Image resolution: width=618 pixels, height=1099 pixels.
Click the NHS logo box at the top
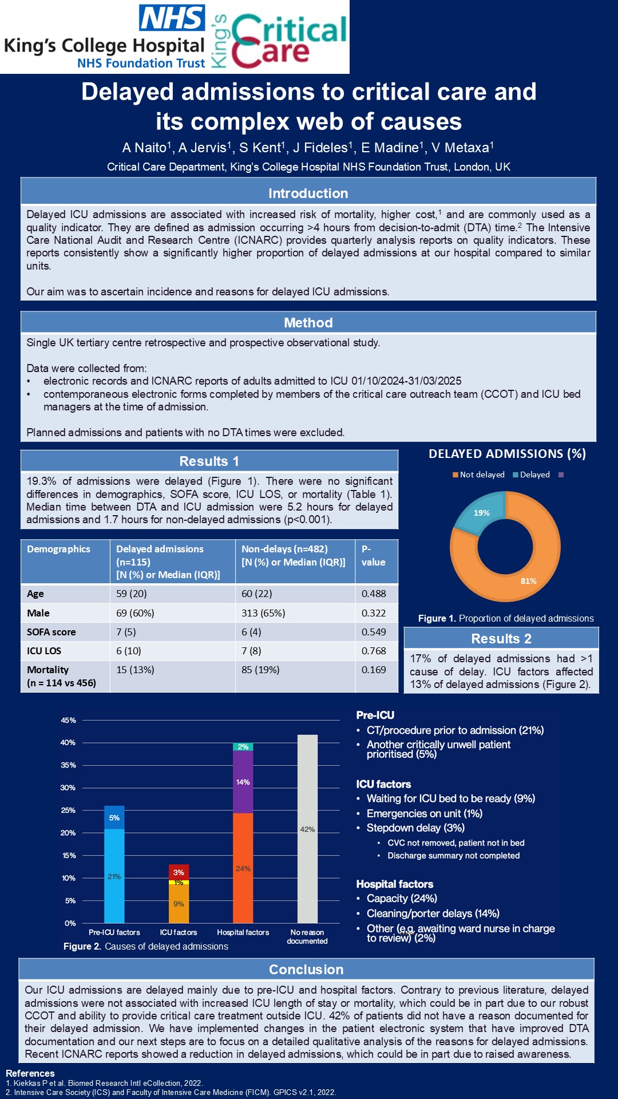[x=172, y=18]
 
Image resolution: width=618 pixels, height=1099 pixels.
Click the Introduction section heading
[x=308, y=193]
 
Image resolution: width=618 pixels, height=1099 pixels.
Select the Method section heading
[x=308, y=323]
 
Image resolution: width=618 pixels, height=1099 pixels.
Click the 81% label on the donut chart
[x=528, y=581]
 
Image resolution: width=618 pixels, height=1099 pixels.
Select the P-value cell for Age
[x=374, y=594]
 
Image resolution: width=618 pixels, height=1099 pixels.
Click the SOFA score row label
[x=51, y=632]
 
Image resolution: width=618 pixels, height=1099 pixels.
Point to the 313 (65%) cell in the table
[x=263, y=613]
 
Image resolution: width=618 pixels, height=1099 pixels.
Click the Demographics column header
[x=58, y=549]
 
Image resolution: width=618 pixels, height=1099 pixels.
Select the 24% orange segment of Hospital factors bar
[x=243, y=868]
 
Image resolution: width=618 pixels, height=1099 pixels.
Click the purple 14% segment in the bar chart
[x=243, y=782]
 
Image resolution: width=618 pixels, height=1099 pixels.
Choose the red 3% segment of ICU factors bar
[x=179, y=872]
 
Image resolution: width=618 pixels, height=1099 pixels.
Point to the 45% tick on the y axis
[x=69, y=721]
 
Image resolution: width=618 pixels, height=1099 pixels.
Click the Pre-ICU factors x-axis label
[x=114, y=932]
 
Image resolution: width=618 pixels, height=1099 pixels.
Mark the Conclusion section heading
[x=306, y=970]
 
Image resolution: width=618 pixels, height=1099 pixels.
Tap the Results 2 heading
[x=501, y=639]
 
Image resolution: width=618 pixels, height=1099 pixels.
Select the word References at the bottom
[x=30, y=1073]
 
